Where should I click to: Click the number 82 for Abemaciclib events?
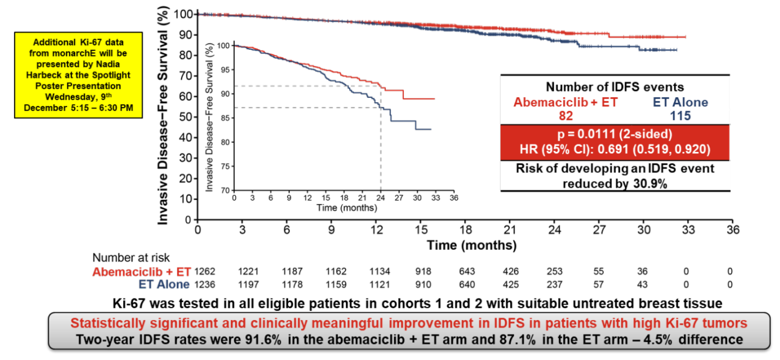pyautogui.click(x=565, y=115)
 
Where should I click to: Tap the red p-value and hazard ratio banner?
pyautogui.click(x=614, y=142)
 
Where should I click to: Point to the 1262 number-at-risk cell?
pyautogui.click(x=206, y=271)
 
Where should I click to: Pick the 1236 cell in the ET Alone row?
pyautogui.click(x=206, y=284)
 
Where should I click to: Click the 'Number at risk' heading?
pyautogui.click(x=131, y=258)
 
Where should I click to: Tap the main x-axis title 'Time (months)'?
pyautogui.click(x=472, y=246)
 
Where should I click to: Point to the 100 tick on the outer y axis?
pyautogui.click(x=183, y=14)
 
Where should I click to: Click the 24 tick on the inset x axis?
pyautogui.click(x=380, y=199)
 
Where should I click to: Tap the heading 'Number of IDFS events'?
pyautogui.click(x=614, y=87)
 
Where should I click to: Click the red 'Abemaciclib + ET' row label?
pyautogui.click(x=142, y=271)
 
